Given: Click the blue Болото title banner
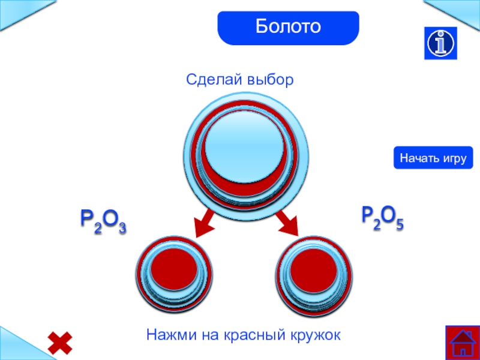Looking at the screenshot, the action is [x=288, y=28].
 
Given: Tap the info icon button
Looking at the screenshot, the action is [x=441, y=43].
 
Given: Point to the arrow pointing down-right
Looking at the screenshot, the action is [x=288, y=223].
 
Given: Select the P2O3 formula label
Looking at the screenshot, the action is [x=103, y=221].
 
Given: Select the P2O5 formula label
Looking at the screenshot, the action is [x=382, y=217].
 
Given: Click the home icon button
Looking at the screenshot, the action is [x=461, y=343].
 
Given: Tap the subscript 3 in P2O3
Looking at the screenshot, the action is [x=121, y=227].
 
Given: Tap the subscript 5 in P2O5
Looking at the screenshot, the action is [x=399, y=224].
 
